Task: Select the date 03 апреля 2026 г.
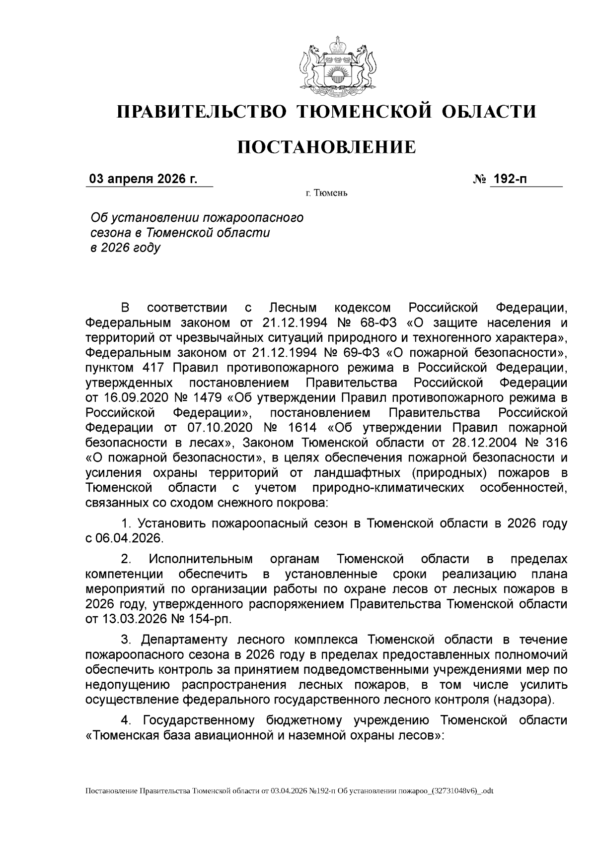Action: (143, 179)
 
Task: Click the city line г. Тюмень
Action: (326, 193)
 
